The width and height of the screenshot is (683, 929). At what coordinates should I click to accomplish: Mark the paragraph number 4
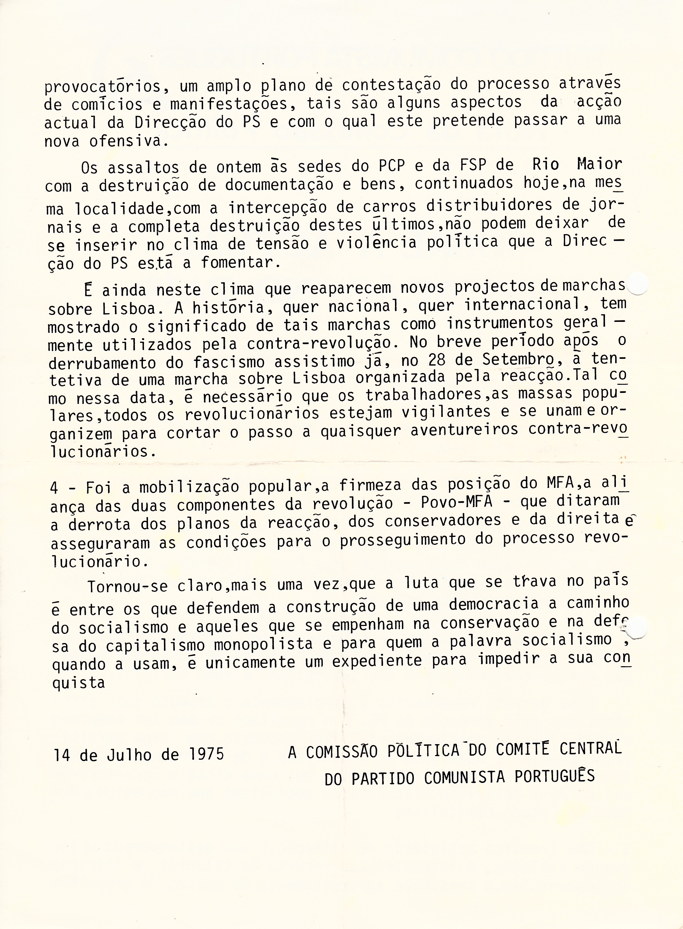(54, 488)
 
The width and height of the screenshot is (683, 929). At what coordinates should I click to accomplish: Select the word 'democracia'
(493, 604)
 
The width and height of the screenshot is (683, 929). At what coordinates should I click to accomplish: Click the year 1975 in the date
(206, 754)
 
